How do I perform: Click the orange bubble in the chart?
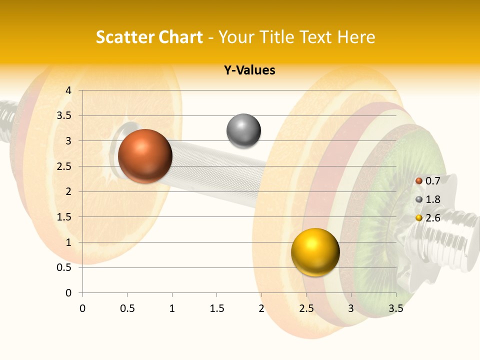tap(145, 156)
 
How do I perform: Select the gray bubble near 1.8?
tap(243, 131)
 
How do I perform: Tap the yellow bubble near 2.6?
tap(315, 252)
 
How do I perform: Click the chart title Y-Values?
tap(249, 70)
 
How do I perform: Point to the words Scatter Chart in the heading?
tap(149, 37)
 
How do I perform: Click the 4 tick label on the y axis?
tap(68, 90)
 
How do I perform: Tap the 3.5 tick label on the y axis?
tap(64, 116)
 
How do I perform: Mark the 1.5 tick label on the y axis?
tap(64, 217)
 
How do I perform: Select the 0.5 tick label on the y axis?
tap(64, 268)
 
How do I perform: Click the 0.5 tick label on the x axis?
tap(127, 308)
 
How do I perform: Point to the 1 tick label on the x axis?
tap(172, 308)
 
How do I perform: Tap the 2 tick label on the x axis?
tap(261, 308)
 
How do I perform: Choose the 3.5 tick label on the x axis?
tap(395, 308)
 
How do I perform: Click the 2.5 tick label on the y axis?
tap(64, 166)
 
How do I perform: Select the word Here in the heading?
tap(356, 37)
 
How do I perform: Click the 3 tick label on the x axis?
tap(351, 308)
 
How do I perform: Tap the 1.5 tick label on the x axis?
tap(216, 308)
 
